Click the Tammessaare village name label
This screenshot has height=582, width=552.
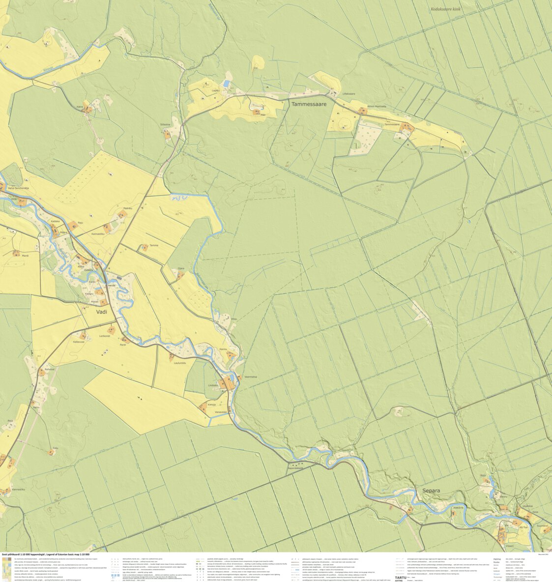[x=309, y=105]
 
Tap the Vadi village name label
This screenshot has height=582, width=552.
[x=102, y=312]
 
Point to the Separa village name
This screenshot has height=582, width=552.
[x=431, y=491]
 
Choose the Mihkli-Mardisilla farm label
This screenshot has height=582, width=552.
[x=377, y=106]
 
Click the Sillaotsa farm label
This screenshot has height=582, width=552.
[x=165, y=124]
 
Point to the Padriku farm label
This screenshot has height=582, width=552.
[x=128, y=208]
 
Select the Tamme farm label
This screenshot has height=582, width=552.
[x=154, y=245]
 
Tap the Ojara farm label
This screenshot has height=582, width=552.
[x=181, y=268]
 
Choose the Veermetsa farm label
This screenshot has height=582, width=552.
[x=251, y=377]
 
